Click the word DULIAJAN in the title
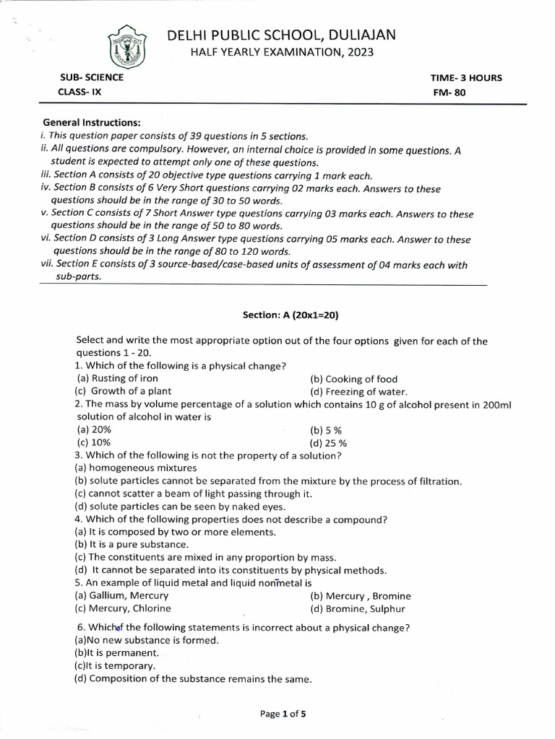[360, 35]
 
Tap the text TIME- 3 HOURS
[466, 78]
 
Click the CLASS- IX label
[79, 92]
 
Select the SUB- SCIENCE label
[91, 77]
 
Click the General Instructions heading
[92, 123]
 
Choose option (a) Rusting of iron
[116, 378]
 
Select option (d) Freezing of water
[355, 392]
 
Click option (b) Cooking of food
[353, 379]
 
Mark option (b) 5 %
[326, 429]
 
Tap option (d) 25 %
[328, 443]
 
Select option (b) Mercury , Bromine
[360, 596]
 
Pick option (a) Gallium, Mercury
[121, 595]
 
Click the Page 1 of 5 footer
[283, 714]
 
